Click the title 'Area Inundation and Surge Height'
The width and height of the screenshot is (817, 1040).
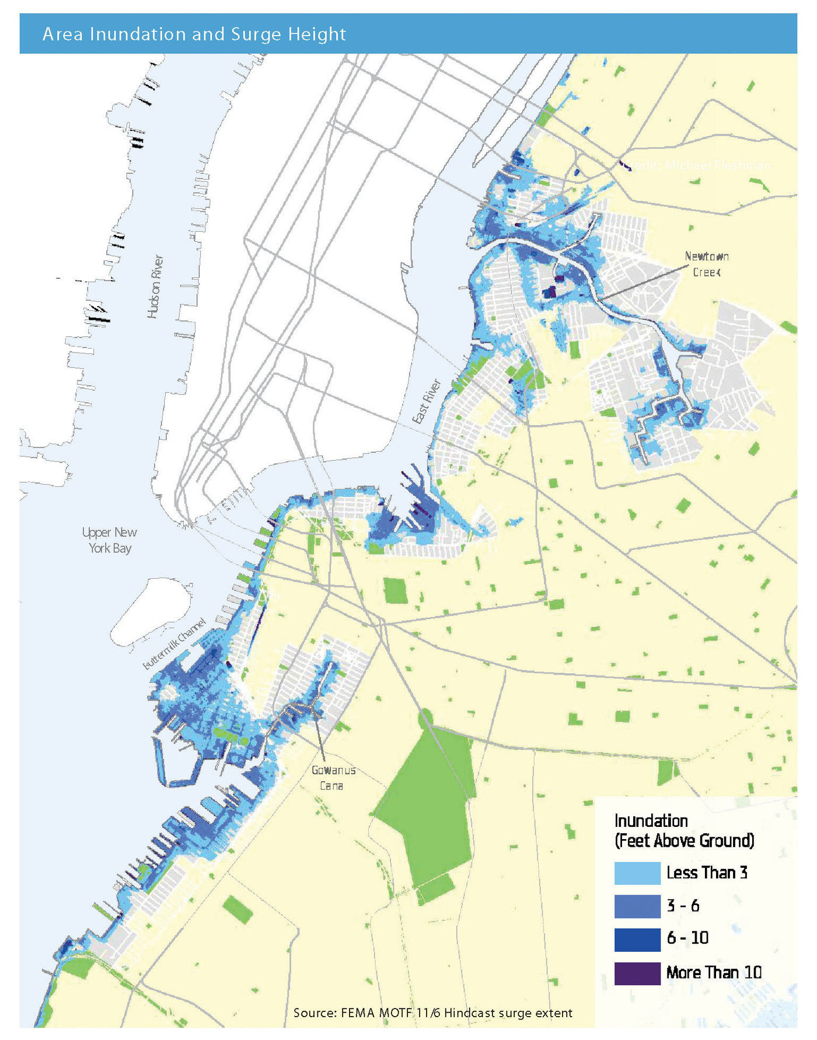[194, 34]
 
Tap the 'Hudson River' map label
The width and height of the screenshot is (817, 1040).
[155, 286]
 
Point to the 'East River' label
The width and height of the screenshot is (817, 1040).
[427, 401]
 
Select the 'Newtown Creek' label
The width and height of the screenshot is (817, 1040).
[706, 264]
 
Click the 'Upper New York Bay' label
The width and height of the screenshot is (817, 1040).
[110, 540]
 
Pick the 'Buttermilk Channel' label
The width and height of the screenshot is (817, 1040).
[174, 644]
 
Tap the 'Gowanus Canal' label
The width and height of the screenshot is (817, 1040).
[333, 778]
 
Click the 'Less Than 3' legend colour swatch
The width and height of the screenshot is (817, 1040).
[637, 873]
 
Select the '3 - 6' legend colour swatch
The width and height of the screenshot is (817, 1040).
[637, 906]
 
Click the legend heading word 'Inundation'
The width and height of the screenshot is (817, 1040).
[651, 820]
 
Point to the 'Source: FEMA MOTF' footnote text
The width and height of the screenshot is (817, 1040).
[432, 1013]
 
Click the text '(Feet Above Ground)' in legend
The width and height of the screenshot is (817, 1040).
[684, 841]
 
